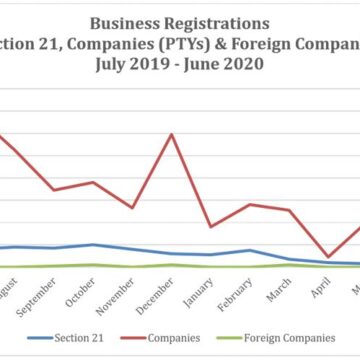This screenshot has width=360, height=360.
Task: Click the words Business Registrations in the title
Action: (x=180, y=20)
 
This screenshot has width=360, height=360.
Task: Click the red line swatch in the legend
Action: (x=133, y=338)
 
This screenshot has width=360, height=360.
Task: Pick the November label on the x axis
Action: (x=119, y=291)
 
